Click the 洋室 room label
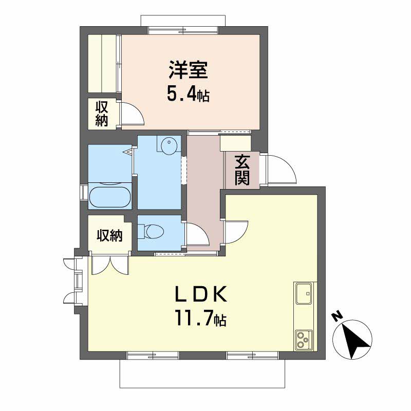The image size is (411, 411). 188,70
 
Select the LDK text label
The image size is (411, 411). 201,294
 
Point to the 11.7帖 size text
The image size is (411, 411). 201,317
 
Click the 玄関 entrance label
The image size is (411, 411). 242,170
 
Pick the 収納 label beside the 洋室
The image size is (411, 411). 102,114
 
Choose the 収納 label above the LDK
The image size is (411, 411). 109,235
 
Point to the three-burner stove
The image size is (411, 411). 304,340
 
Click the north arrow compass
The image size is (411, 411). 352,340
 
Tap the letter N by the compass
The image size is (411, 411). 338,316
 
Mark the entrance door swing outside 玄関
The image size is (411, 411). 281,169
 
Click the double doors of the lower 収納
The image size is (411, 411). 110,265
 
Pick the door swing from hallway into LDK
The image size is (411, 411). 236,232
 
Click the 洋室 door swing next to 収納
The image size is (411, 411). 133,113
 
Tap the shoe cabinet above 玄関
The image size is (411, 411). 235,143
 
